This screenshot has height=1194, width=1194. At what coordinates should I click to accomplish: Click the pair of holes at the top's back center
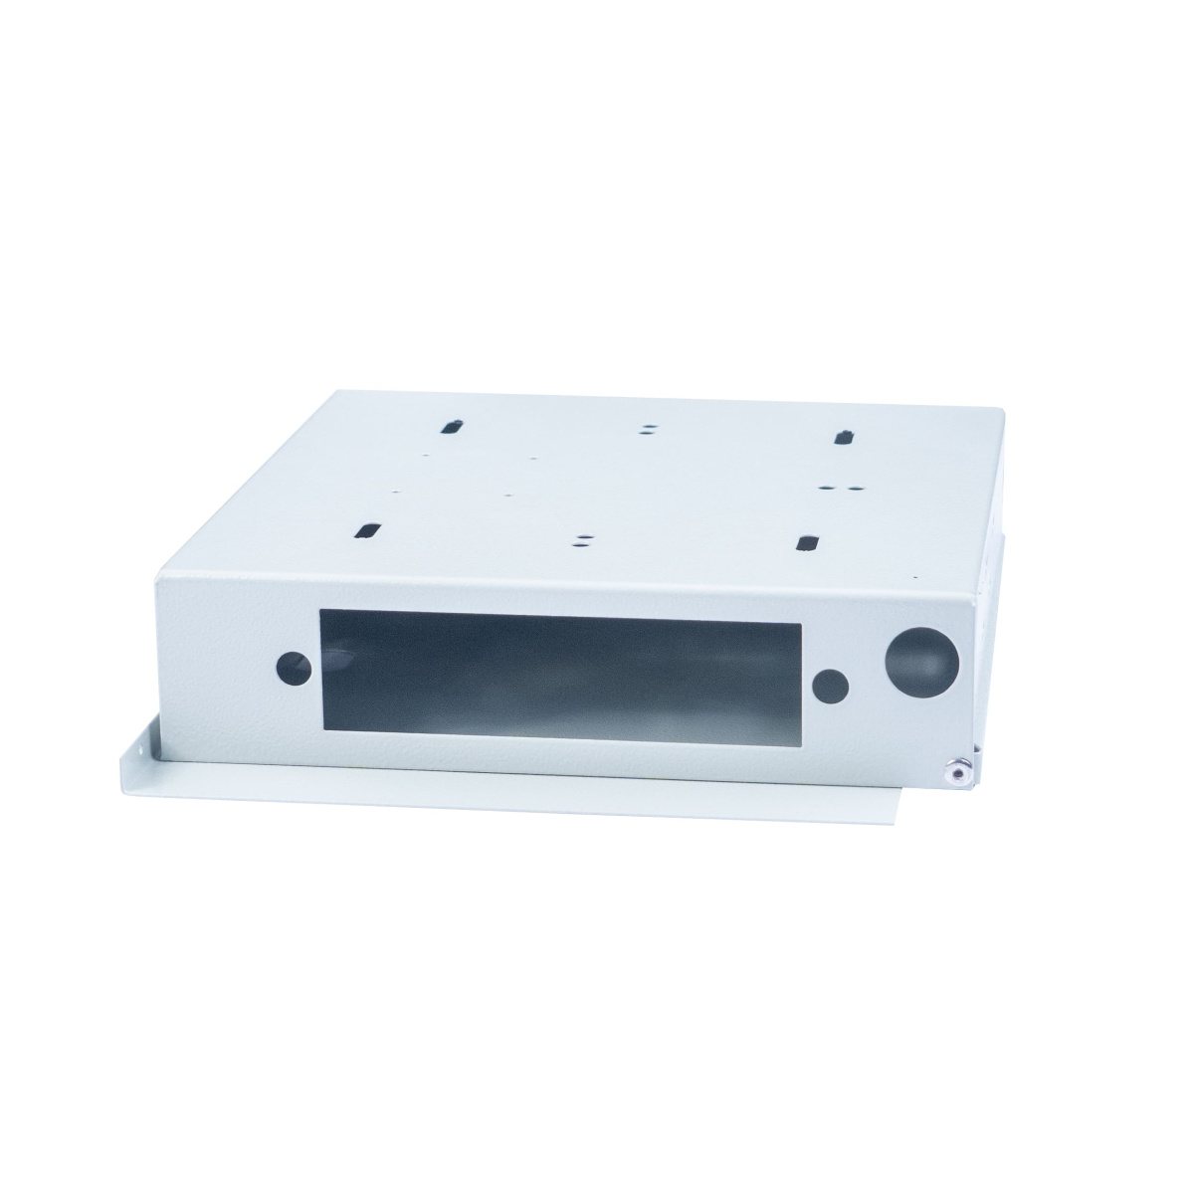click(648, 428)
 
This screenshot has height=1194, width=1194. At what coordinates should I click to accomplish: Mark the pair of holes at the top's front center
click(580, 539)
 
